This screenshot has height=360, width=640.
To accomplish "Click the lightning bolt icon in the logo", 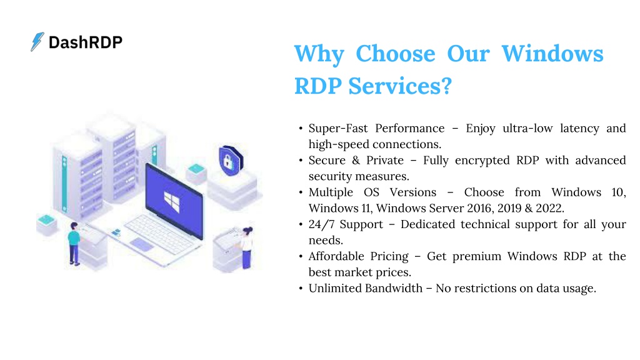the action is (x=37, y=42).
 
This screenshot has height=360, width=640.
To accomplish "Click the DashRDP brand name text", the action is (x=85, y=42).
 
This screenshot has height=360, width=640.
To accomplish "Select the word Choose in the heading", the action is (x=396, y=54).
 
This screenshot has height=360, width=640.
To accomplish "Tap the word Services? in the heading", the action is (x=400, y=86).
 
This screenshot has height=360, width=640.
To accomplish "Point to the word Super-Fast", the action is (x=338, y=128).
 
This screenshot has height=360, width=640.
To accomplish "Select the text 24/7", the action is (x=321, y=224).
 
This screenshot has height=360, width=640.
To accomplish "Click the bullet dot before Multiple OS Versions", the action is (x=301, y=192).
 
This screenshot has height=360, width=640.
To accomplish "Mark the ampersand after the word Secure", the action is (x=356, y=161).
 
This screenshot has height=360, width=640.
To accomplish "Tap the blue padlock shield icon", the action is (x=231, y=161).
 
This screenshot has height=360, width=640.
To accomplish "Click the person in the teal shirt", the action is (x=74, y=244).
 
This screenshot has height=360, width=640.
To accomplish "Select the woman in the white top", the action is (x=246, y=247).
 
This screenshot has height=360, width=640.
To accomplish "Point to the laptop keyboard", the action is (x=160, y=232).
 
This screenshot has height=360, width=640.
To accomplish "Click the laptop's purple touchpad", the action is (x=142, y=244).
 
